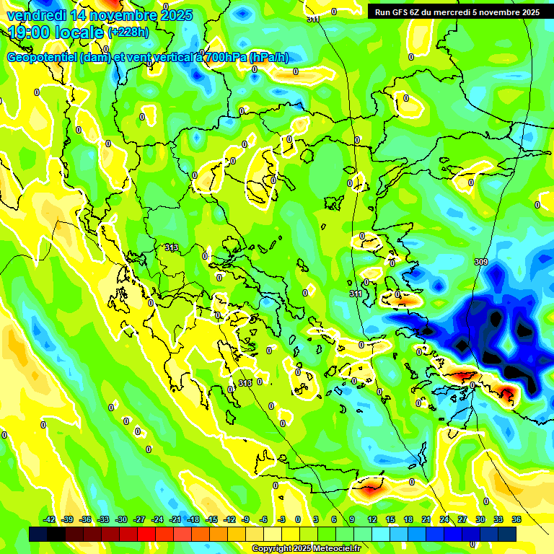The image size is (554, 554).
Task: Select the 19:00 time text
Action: click(31, 33)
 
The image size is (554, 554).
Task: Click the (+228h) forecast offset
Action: click(128, 32)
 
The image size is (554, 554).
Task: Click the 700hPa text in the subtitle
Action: click(226, 58)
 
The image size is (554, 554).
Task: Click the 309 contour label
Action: click(480, 261)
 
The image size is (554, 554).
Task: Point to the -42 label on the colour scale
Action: click(49, 519)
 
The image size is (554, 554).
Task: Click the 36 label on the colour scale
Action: click(516, 519)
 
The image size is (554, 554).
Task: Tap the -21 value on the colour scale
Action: click(175, 519)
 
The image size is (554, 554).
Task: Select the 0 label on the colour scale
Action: click(298, 519)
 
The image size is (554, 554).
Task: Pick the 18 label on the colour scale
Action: click(408, 519)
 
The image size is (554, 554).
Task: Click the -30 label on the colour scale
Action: click(121, 519)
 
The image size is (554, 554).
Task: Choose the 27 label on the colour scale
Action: click(462, 519)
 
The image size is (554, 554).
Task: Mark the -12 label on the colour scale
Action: click(229, 519)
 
